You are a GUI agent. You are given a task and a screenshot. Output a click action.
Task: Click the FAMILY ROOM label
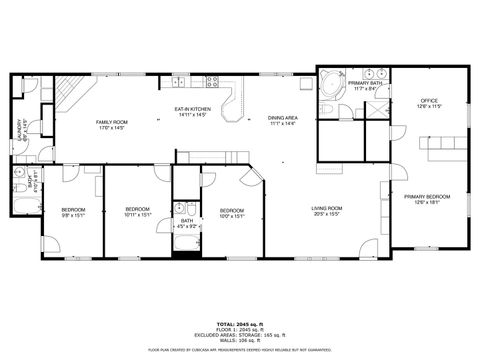tap(112, 125)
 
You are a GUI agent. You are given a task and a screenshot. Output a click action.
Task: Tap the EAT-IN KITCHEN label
tap(192, 111)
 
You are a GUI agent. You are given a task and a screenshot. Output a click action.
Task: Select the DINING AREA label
tap(282, 121)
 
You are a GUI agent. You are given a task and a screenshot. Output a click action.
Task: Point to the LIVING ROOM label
tap(327, 210)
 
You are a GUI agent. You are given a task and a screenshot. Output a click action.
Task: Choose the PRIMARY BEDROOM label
tap(427, 199)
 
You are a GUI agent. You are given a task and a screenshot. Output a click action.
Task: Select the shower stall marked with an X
tap(377, 111)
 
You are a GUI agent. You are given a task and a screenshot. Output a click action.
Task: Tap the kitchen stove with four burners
tap(212, 80)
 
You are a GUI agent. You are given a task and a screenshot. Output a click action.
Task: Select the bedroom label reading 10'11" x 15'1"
tap(137, 211)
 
